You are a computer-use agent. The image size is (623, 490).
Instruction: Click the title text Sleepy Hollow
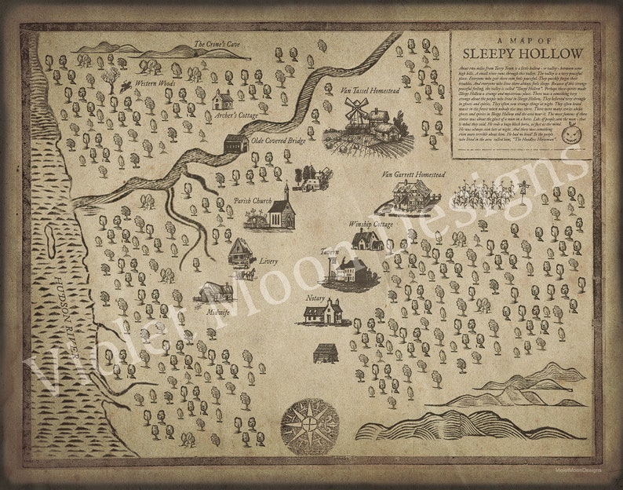[522, 53]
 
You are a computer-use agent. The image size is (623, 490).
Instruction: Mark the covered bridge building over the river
[235, 144]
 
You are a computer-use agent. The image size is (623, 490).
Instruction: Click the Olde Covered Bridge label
[279, 141]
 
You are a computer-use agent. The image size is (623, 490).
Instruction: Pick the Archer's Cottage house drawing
[223, 99]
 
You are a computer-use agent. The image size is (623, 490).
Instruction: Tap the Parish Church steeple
[286, 192]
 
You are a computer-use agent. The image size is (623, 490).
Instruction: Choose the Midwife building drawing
[214, 291]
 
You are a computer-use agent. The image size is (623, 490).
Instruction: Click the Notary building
[322, 313]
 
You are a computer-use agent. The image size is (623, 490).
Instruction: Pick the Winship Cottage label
[370, 224]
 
